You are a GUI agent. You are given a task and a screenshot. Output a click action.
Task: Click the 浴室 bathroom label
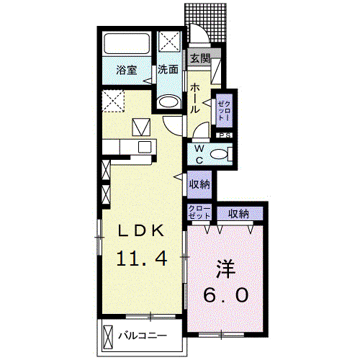tap(127, 70)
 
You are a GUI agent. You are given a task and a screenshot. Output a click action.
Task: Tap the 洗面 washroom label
tap(168, 70)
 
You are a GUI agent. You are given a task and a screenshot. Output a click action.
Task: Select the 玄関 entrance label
tap(201, 58)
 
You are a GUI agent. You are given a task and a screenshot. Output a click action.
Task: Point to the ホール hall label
tap(195, 99)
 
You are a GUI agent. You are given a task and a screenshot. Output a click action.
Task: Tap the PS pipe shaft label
tap(225, 135)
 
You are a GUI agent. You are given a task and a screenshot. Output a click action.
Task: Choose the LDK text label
tap(140, 231)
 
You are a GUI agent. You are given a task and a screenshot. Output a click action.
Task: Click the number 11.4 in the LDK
tap(142, 258)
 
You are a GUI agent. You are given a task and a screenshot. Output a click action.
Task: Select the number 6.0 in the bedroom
tap(225, 294)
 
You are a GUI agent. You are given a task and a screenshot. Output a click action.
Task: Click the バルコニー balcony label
tap(143, 336)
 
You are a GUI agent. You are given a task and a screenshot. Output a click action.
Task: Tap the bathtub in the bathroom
tap(127, 43)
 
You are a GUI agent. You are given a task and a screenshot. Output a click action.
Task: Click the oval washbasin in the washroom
tap(168, 102)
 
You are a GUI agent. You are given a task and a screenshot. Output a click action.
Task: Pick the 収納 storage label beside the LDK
tap(199, 184)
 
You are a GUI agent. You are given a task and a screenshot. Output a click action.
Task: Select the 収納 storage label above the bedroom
tap(238, 214)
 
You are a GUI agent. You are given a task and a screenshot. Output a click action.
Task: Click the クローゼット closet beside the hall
tap(225, 111)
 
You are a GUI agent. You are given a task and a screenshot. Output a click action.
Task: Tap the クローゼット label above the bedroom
tap(199, 212)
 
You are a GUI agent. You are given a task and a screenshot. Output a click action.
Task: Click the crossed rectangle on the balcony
tap(107, 336)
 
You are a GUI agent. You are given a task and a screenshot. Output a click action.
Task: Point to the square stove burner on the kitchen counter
tap(145, 147)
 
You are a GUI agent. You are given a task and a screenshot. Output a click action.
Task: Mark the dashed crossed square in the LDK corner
tap(113, 101)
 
